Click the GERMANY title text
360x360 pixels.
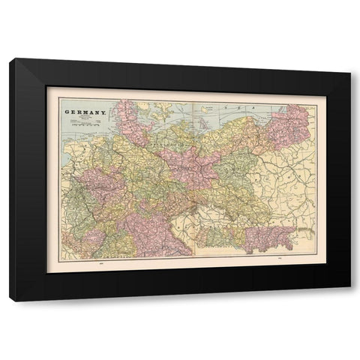84,114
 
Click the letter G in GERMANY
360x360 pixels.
67,114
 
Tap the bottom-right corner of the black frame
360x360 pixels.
349,301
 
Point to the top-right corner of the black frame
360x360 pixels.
349,59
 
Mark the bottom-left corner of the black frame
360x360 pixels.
10,301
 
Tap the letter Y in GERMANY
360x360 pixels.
101,114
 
